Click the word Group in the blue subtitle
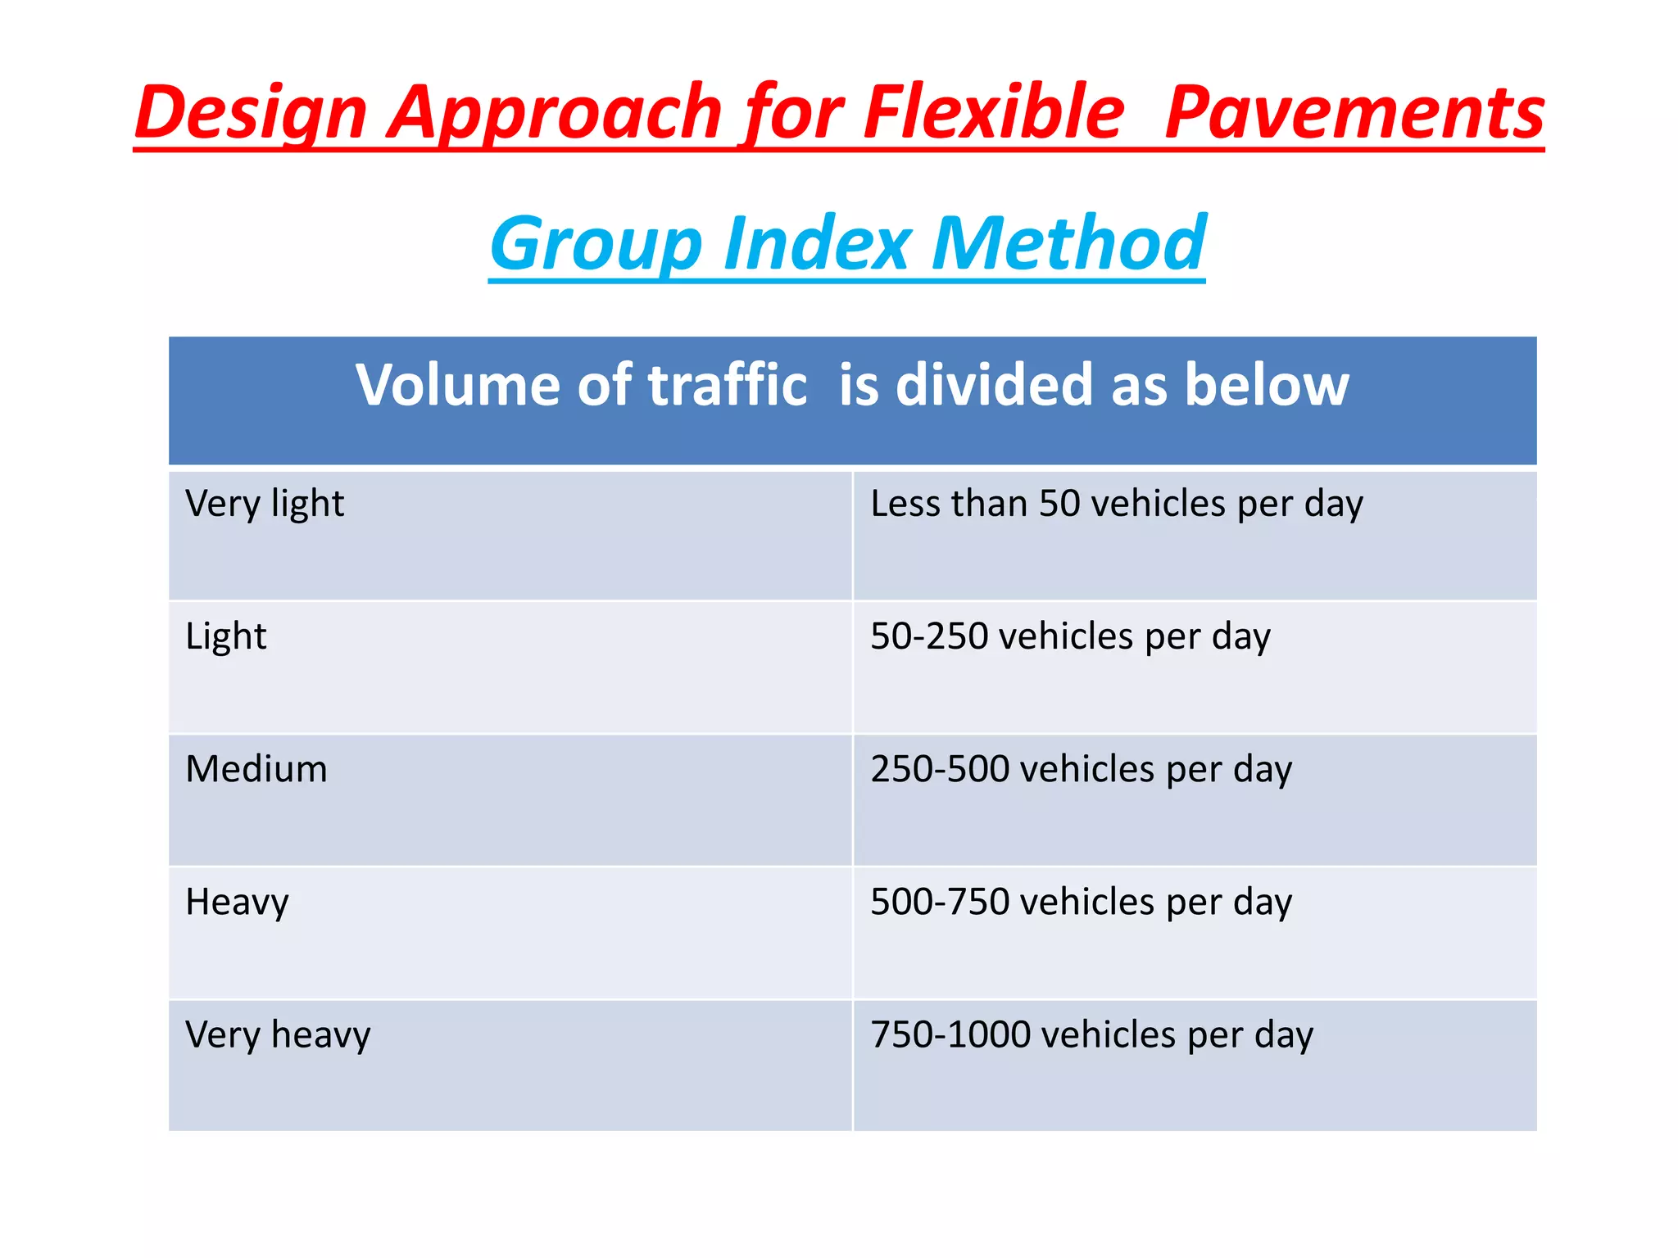click(x=596, y=244)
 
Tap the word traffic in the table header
click(x=728, y=384)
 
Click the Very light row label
click(x=265, y=504)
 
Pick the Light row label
click(x=226, y=636)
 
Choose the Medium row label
click(x=256, y=769)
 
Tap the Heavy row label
click(x=237, y=902)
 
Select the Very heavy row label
click(x=278, y=1034)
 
